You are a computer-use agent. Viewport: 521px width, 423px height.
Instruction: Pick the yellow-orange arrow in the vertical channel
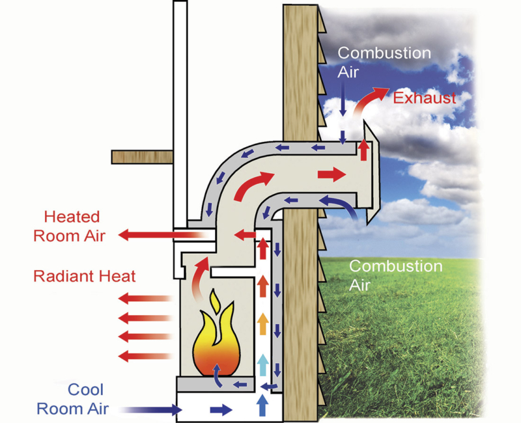(x=262, y=322)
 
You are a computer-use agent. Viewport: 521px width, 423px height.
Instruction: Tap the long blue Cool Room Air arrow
(x=150, y=409)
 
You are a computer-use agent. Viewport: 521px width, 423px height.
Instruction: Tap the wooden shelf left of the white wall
(x=141, y=157)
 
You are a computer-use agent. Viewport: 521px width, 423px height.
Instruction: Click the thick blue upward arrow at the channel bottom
(x=262, y=405)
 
